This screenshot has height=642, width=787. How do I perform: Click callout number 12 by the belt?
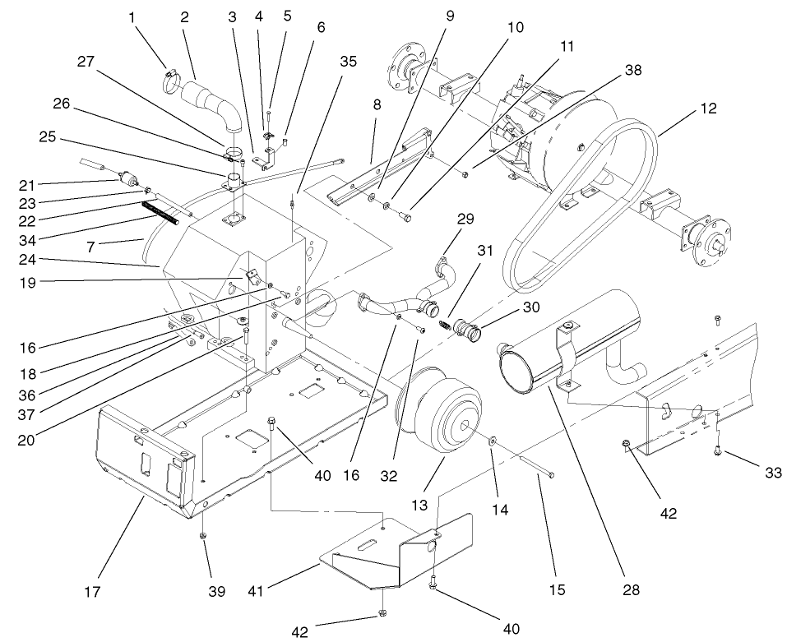pyautogui.click(x=708, y=108)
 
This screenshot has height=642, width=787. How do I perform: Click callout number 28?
pyautogui.click(x=632, y=589)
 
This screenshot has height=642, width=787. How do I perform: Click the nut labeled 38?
pyautogui.click(x=465, y=173)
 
